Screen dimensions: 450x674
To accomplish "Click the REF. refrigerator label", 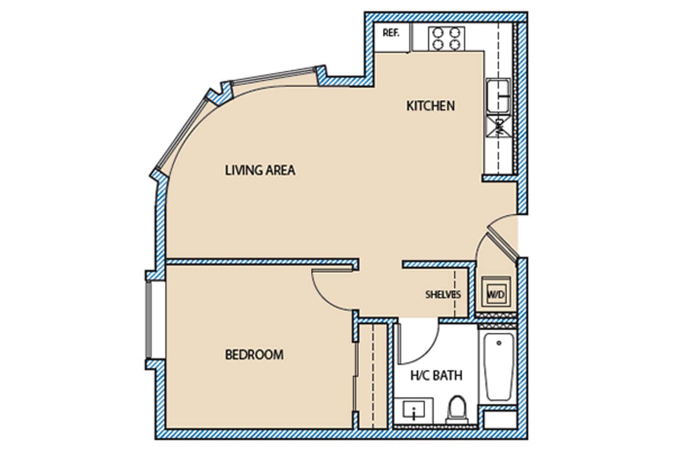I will tap(391, 33).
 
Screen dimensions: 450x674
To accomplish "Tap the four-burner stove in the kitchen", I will tap(446, 38).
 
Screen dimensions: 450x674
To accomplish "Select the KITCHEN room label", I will tap(430, 106).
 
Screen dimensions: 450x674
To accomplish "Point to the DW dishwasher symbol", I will tap(498, 127).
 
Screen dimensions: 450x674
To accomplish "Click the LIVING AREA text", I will tap(260, 170).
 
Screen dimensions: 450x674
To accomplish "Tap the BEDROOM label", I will tap(254, 355).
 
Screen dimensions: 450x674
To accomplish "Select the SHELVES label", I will tap(442, 295).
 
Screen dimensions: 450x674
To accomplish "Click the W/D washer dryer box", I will tap(495, 294).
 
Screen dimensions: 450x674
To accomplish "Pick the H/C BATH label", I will tap(436, 375).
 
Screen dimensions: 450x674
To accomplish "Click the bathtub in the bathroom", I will tap(498, 367).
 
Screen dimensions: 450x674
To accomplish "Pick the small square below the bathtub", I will tap(500, 420).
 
